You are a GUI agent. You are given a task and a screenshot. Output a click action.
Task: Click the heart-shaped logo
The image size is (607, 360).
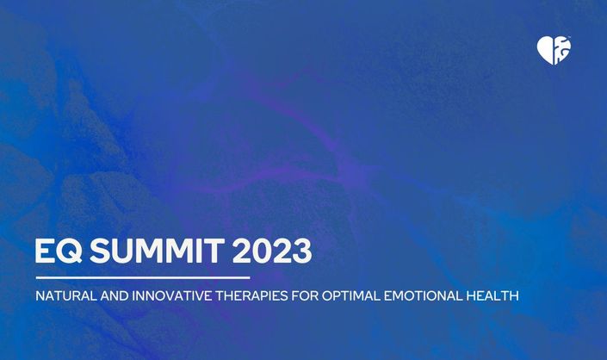(554, 50)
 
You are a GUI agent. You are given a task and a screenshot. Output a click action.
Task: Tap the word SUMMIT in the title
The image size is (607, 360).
(158, 251)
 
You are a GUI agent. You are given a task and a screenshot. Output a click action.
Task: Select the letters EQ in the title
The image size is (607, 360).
(59, 251)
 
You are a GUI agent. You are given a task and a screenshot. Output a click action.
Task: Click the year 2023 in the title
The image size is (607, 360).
(272, 251)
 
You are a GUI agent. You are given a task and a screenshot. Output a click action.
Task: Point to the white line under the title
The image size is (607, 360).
(143, 277)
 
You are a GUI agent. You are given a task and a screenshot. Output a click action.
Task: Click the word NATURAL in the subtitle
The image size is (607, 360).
(65, 296)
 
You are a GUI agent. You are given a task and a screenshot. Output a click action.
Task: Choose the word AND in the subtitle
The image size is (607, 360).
(115, 296)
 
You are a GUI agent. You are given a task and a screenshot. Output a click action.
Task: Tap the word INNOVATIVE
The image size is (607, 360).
(172, 296)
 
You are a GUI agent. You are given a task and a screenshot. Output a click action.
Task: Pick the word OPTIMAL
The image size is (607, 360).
(351, 296)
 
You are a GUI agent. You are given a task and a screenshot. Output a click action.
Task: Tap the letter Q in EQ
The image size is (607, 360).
(70, 251)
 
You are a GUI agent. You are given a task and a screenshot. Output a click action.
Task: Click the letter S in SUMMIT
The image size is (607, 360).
(100, 251)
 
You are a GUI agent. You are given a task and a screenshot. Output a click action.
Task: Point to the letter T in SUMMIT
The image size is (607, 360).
(214, 251)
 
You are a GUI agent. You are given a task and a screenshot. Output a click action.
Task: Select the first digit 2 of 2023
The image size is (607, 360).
(242, 251)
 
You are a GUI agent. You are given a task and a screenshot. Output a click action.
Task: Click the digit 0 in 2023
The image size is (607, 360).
(262, 251)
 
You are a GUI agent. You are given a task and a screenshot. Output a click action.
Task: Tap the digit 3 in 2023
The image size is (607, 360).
(303, 251)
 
